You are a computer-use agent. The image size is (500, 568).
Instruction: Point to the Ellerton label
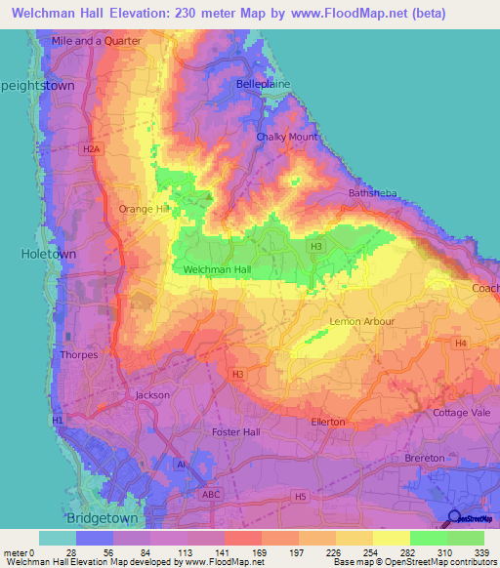[x=327, y=422]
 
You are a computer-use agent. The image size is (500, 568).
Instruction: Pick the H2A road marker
[x=91, y=148]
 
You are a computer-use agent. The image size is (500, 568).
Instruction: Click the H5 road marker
[x=300, y=497]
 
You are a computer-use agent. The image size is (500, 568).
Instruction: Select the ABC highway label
[x=211, y=495]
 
